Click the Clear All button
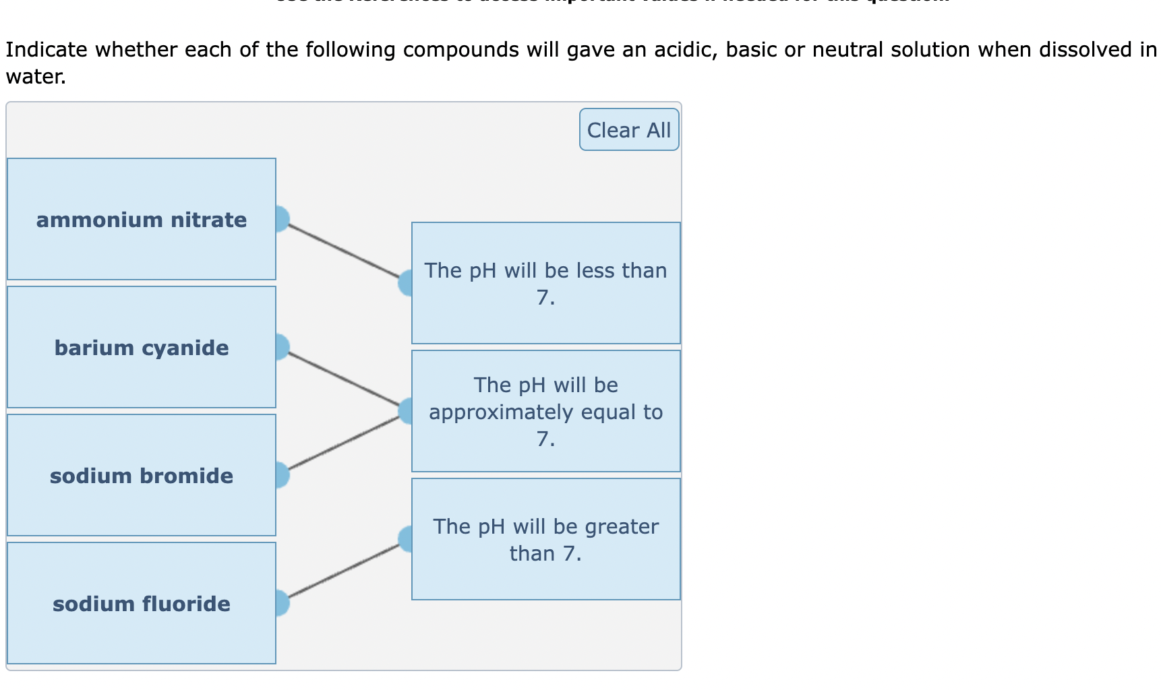click(628, 129)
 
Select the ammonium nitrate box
click(141, 219)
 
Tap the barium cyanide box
click(141, 347)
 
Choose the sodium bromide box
click(141, 475)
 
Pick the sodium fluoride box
click(141, 603)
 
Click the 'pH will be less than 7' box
click(545, 283)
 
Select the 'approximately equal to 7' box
click(545, 411)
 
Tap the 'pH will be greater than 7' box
click(545, 539)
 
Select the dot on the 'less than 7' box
click(407, 283)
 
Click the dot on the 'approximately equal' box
click(407, 411)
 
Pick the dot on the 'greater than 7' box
click(407, 539)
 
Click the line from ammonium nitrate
click(344, 251)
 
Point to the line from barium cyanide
click(344, 379)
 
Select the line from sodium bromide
click(344, 443)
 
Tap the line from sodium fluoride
click(344, 571)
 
